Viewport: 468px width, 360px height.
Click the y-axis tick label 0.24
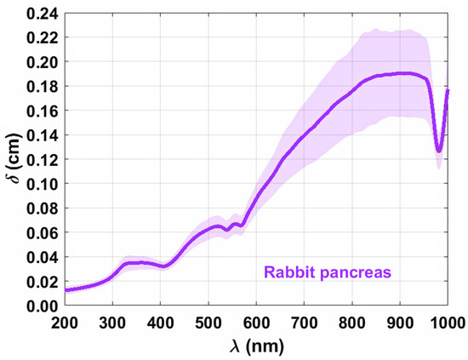pos(40,14)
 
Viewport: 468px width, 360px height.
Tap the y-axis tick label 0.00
pos(40,306)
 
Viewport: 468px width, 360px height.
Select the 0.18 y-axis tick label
pos(40,87)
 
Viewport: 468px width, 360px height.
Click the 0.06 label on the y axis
pos(40,233)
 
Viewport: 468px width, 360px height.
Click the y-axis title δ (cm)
pos(13,159)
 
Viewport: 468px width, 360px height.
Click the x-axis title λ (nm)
pos(255,346)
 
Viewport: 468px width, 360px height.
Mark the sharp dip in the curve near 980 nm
pos(439,151)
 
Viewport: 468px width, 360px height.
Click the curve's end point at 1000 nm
pos(448,90)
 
